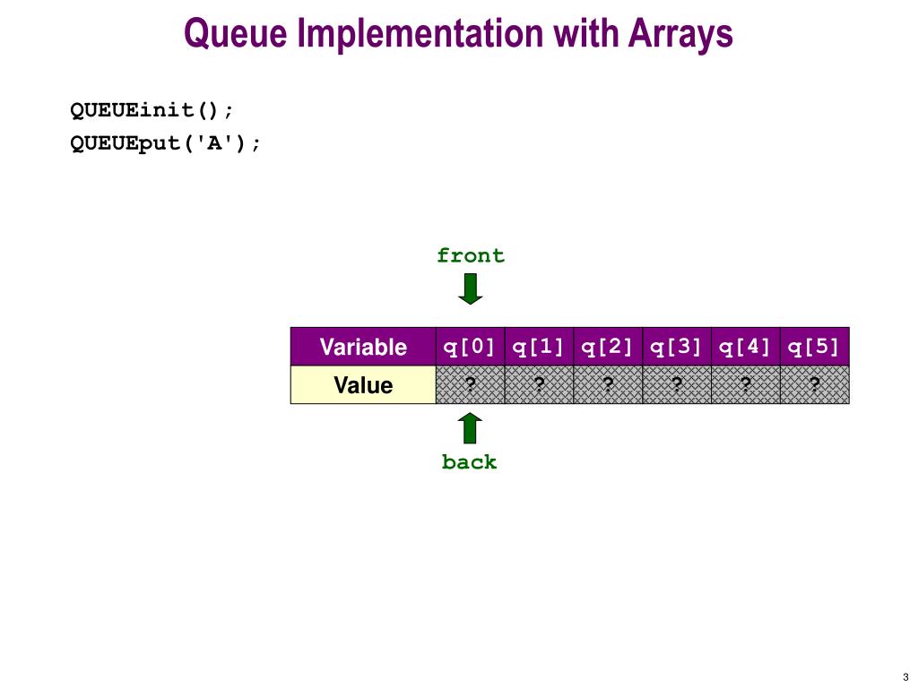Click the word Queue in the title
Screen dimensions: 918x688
[236, 34]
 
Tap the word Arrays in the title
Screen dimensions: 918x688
[681, 34]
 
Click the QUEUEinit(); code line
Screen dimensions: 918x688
[152, 110]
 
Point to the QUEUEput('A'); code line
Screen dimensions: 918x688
[165, 143]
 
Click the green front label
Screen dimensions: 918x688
[471, 255]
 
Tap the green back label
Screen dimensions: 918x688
[470, 462]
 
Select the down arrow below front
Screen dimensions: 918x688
[470, 289]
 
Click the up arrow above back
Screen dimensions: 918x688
[470, 428]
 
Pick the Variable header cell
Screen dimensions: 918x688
[363, 347]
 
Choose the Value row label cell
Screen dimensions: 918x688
[363, 385]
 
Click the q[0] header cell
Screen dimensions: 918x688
[470, 347]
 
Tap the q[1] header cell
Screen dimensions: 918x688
[539, 347]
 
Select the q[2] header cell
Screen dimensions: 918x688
[608, 347]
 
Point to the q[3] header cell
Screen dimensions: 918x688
[677, 347]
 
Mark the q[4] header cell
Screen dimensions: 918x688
[746, 347]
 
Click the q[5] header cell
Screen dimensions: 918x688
[815, 347]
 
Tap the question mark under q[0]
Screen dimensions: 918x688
[470, 384]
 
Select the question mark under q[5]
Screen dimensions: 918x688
[814, 384]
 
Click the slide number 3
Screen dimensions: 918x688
[905, 677]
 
